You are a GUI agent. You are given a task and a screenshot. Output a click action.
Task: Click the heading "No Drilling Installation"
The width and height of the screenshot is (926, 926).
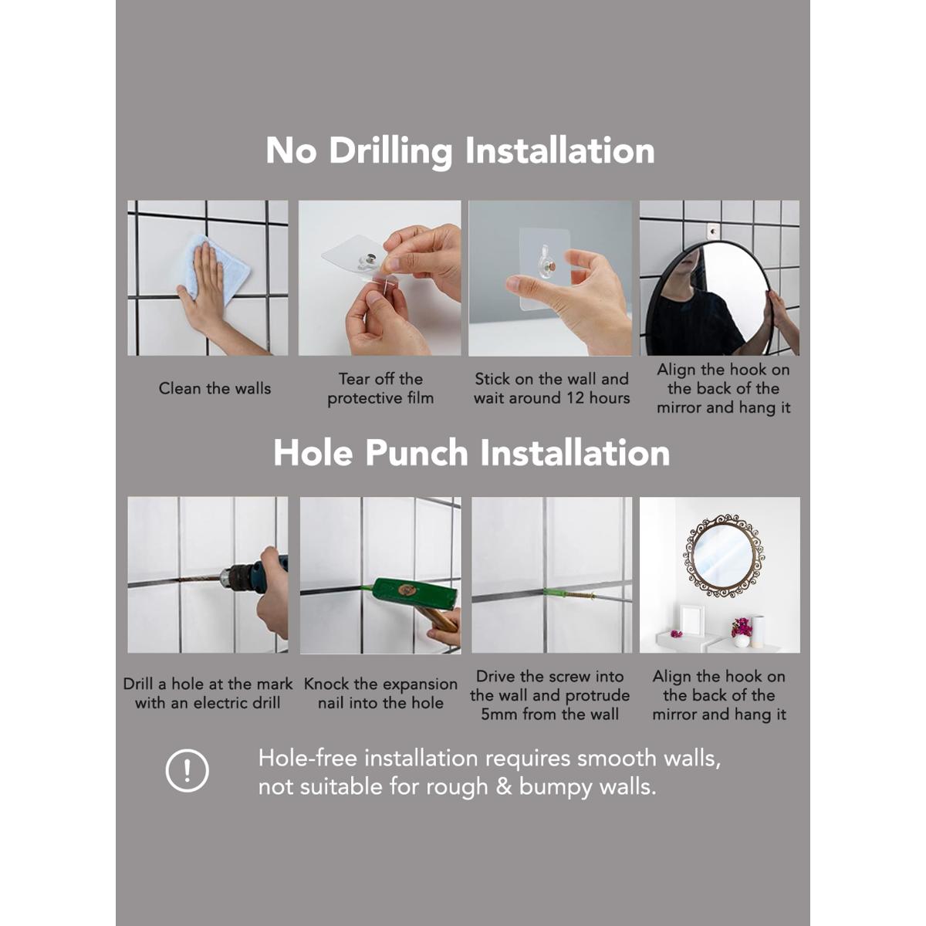pyautogui.click(x=460, y=150)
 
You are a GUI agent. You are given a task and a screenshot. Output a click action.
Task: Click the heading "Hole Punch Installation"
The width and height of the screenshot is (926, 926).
pyautogui.click(x=471, y=453)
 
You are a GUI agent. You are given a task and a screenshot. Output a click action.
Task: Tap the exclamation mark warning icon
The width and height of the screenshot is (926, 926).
pyautogui.click(x=187, y=770)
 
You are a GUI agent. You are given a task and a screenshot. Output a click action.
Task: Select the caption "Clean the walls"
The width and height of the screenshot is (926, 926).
pyautogui.click(x=215, y=388)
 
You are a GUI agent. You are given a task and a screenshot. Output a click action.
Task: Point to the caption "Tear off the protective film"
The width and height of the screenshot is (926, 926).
pyautogui.click(x=380, y=388)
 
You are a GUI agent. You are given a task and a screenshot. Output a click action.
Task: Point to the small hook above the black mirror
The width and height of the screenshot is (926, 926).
pyautogui.click(x=714, y=230)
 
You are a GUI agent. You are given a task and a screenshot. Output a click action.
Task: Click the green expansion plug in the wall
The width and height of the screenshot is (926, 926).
pyautogui.click(x=559, y=594)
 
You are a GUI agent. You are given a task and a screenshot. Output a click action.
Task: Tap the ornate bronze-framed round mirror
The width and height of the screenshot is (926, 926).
pyautogui.click(x=723, y=556)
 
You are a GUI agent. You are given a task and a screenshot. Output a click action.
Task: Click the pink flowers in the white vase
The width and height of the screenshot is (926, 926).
pyautogui.click(x=742, y=627)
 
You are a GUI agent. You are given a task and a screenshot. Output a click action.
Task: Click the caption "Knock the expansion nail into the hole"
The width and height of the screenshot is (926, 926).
pyautogui.click(x=380, y=693)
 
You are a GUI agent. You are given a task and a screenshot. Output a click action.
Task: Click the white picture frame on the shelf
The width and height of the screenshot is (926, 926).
pyautogui.click(x=691, y=619)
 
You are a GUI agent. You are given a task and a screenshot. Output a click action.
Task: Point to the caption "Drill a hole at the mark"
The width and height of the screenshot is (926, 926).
pyautogui.click(x=208, y=684)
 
